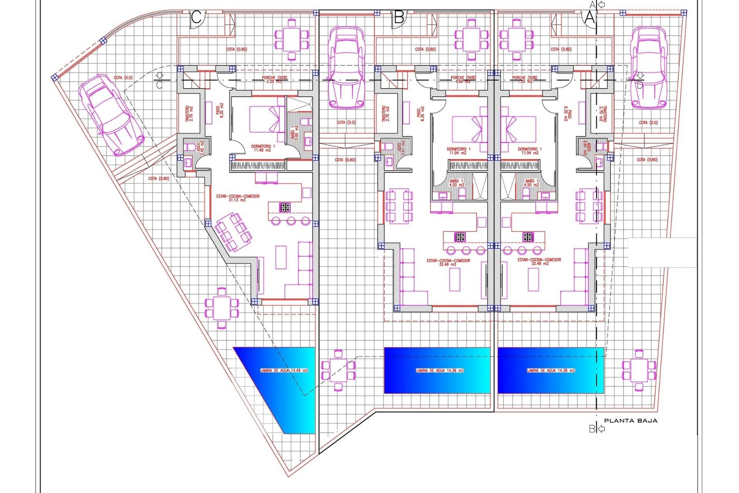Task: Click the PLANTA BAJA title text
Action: [630, 421]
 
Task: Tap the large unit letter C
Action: [196, 18]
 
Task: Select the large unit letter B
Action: [399, 18]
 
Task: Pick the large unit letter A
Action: [589, 18]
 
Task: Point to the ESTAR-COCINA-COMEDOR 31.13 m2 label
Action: [237, 198]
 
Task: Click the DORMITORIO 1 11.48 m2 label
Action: [263, 148]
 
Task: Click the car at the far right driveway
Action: [648, 67]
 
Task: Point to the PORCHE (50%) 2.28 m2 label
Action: [274, 79]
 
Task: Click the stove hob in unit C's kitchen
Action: [285, 208]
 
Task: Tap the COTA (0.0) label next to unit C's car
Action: [123, 78]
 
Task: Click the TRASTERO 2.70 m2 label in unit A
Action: [603, 114]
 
